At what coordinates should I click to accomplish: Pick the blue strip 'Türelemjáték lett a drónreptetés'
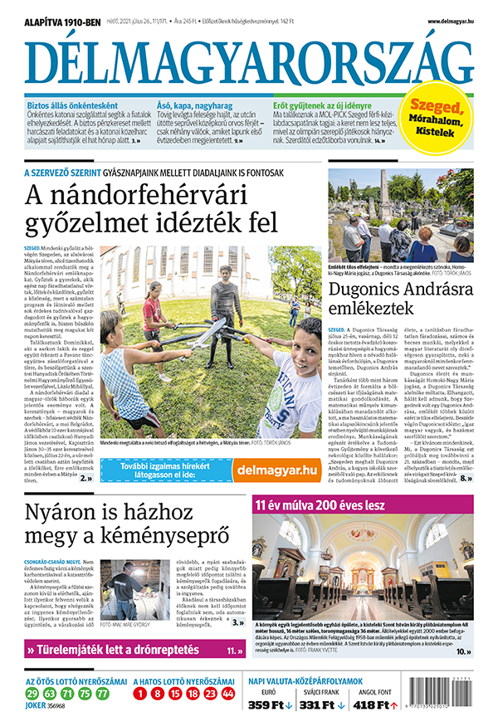tap(133, 651)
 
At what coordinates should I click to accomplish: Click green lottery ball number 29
tap(32, 692)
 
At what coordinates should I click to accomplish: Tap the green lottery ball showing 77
tap(102, 692)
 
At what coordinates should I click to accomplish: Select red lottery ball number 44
tap(228, 692)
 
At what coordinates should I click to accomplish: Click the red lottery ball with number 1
tap(142, 692)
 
